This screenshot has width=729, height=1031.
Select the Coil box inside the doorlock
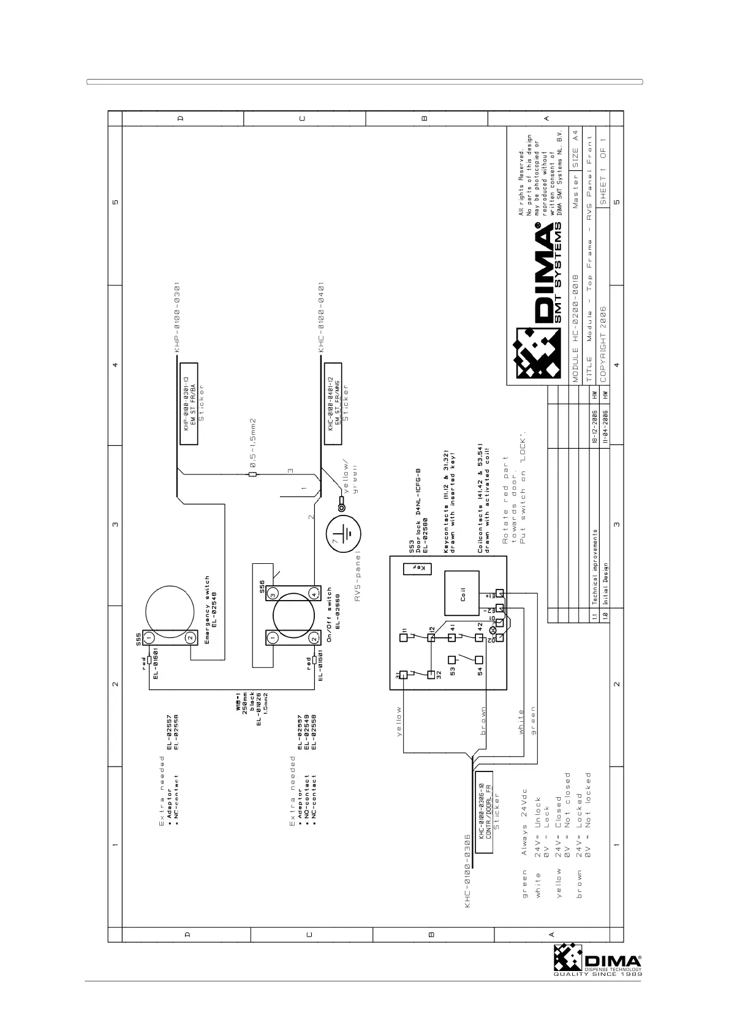pyautogui.click(x=463, y=593)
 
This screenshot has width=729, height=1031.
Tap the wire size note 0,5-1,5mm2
pyautogui.click(x=252, y=443)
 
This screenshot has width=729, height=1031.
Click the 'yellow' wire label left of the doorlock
pyautogui.click(x=399, y=721)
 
